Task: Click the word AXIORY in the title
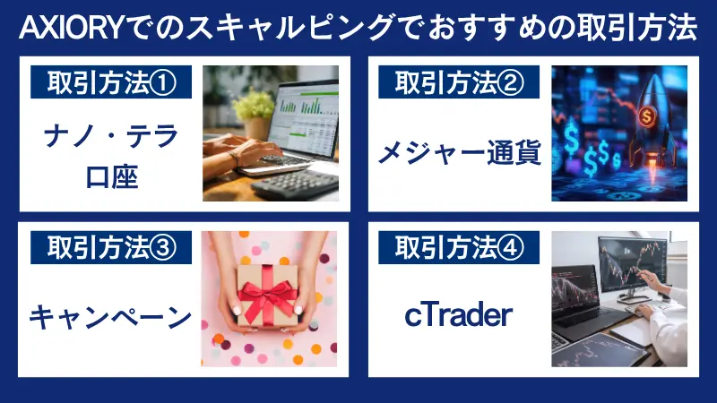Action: tap(67, 30)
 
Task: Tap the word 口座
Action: tap(111, 176)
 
